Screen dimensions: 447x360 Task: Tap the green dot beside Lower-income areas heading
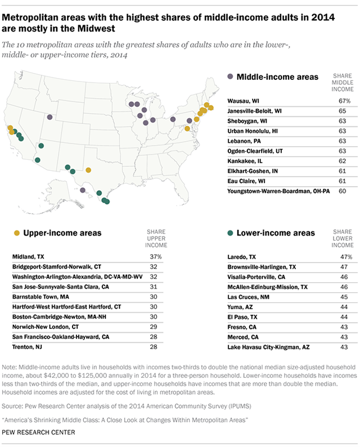[x=230, y=232]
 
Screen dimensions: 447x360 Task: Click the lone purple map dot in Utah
[x=50, y=118]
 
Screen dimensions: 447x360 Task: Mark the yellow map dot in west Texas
[x=88, y=169]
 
